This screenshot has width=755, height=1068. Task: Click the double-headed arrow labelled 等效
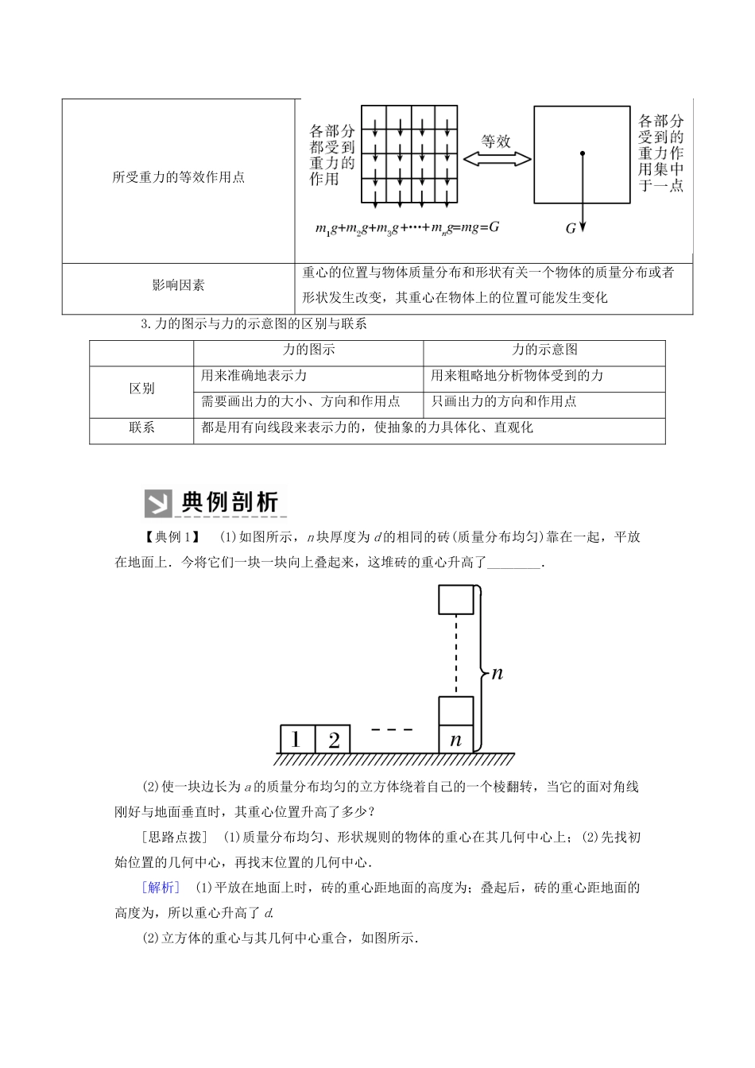[x=497, y=160]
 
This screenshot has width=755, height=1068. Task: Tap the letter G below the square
[x=571, y=228]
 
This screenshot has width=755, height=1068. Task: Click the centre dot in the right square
[x=583, y=153]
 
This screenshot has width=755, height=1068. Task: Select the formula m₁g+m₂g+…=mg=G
[x=408, y=228]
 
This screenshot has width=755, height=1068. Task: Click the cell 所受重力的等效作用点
[x=179, y=177]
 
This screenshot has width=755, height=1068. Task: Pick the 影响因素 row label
[x=179, y=284]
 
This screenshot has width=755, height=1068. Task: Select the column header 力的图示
[x=308, y=349]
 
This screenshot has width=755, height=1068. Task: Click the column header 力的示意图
[x=544, y=349]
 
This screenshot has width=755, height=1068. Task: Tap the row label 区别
[x=141, y=389]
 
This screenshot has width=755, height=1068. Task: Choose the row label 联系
[x=141, y=428]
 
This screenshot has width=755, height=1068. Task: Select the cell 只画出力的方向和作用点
[x=504, y=401]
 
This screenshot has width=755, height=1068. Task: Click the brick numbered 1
[x=296, y=740]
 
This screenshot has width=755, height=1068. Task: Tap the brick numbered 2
[x=333, y=740]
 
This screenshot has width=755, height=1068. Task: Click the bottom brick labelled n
[x=456, y=740]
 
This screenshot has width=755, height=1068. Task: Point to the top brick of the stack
[x=456, y=599]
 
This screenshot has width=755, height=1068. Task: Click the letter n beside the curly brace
[x=497, y=673]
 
